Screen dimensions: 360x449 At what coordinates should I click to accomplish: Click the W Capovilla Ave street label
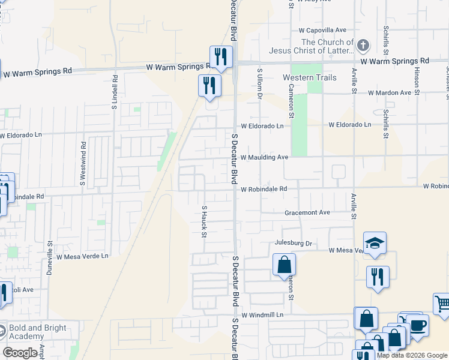coord(322,30)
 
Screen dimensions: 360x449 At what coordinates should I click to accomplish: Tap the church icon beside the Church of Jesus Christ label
coord(363,46)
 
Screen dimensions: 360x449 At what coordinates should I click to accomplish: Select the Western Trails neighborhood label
coord(310,77)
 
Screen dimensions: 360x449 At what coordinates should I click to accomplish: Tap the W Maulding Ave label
coord(265,157)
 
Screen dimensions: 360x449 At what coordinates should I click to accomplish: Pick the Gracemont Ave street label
coord(307,212)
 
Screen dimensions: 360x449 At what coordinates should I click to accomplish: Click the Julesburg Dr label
coord(294,243)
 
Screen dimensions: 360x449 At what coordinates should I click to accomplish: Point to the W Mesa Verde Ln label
coord(83,256)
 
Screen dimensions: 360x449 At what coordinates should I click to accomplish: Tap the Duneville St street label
coord(50,259)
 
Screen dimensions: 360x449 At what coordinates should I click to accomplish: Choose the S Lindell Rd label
coord(114,92)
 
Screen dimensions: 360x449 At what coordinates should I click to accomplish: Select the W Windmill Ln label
coord(266,314)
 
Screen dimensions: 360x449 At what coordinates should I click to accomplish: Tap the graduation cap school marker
coord(375,242)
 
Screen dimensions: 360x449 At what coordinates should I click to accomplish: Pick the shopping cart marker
coord(442,304)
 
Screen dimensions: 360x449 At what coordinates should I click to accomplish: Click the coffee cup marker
coord(418,326)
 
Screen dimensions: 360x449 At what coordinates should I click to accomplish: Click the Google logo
coord(20,353)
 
